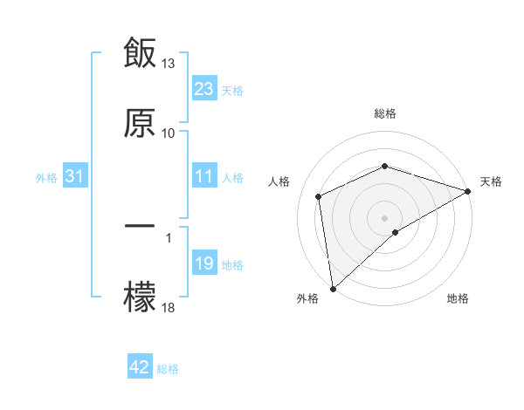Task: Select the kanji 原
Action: tap(140, 123)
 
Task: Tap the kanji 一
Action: tap(140, 227)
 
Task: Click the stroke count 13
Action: tap(169, 64)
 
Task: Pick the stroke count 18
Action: tap(169, 308)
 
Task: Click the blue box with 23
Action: tap(204, 89)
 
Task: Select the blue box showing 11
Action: tap(204, 177)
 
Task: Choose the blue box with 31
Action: tap(75, 177)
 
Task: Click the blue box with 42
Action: tap(140, 368)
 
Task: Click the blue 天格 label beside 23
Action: tap(232, 90)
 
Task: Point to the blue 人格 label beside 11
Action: tap(232, 178)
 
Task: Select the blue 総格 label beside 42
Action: tap(168, 369)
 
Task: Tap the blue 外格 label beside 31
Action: tap(46, 178)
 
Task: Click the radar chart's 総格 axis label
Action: tap(385, 113)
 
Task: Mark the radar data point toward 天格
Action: tap(469, 191)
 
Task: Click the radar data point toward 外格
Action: tap(333, 289)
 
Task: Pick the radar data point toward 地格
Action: tap(396, 232)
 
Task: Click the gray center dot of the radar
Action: tap(385, 217)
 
